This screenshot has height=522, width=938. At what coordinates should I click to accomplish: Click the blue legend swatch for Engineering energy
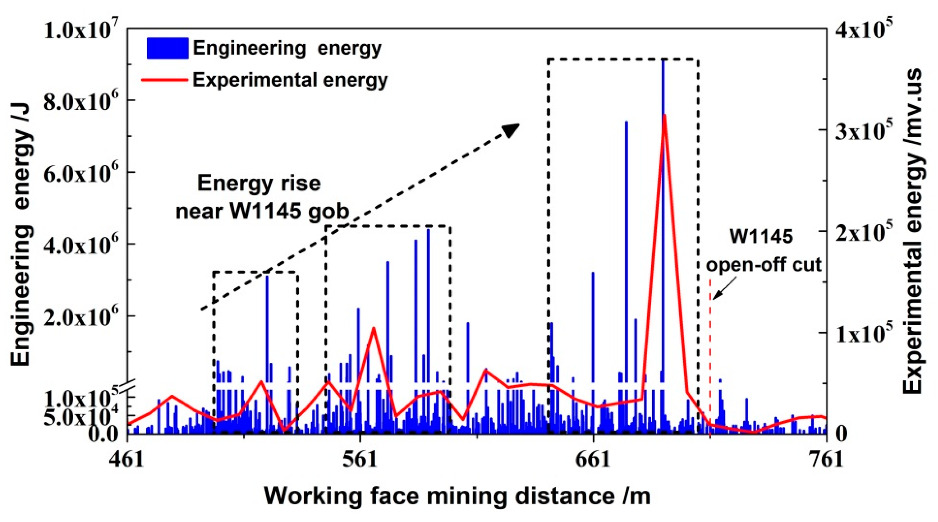(167, 48)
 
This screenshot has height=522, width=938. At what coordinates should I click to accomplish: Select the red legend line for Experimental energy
(165, 79)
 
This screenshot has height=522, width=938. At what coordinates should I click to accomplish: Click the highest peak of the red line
(665, 116)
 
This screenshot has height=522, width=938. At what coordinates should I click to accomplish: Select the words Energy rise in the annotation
(259, 183)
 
